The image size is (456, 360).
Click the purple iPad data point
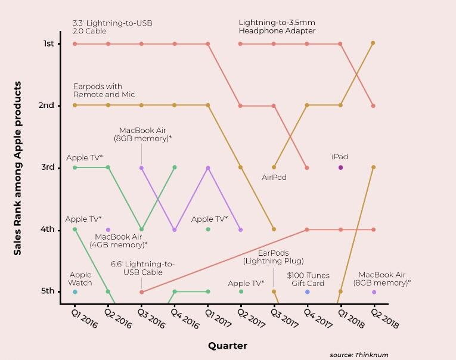click(x=340, y=167)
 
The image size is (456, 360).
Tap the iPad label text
click(x=340, y=157)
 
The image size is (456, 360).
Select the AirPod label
click(x=274, y=177)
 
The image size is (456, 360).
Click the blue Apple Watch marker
click(x=75, y=292)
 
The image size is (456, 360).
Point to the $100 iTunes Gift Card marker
click(x=308, y=292)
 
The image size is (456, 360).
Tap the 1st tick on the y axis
click(x=48, y=44)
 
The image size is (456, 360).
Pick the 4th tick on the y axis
click(x=48, y=229)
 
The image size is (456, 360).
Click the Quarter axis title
click(x=228, y=346)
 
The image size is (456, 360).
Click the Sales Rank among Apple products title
click(x=18, y=168)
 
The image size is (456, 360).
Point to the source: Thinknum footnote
click(x=359, y=355)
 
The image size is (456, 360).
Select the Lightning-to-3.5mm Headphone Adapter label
click(x=277, y=27)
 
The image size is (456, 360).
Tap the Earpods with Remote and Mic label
click(x=104, y=91)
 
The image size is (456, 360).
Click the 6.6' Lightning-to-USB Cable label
click(x=142, y=268)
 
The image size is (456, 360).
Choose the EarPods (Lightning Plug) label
click(x=274, y=257)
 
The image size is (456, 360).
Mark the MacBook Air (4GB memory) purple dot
click(x=108, y=229)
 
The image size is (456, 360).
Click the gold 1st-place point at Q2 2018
click(x=373, y=43)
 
